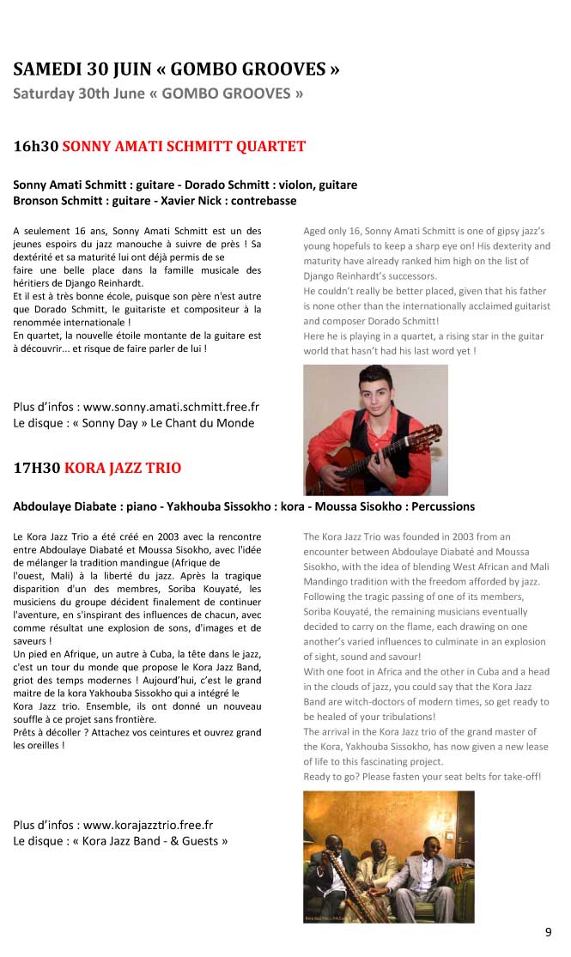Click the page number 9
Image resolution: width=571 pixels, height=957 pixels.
pyautogui.click(x=548, y=933)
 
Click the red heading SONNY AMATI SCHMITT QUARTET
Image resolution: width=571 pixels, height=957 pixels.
pyautogui.click(x=184, y=146)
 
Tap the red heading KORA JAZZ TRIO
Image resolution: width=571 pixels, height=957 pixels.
pyautogui.click(x=123, y=468)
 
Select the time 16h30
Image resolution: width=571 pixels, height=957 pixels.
pyautogui.click(x=36, y=146)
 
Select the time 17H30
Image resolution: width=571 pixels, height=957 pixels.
pyautogui.click(x=37, y=468)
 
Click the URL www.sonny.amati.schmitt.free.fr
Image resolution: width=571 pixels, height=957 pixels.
pyautogui.click(x=171, y=407)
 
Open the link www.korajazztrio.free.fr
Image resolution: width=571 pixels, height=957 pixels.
pyautogui.click(x=148, y=825)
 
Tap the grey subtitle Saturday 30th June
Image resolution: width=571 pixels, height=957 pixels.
pyautogui.click(x=78, y=94)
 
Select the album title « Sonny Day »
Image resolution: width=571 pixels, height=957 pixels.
pyautogui.click(x=111, y=422)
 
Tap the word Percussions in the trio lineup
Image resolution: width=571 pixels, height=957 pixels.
pyautogui.click(x=437, y=506)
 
